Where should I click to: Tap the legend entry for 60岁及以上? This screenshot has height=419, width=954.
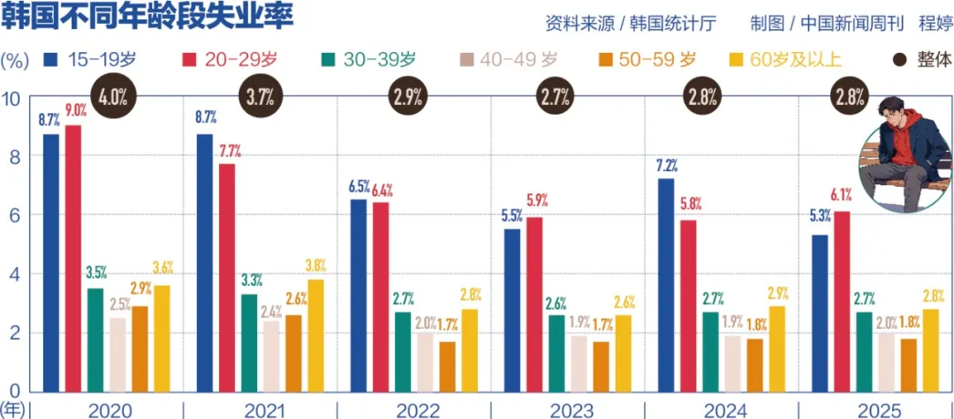(786, 60)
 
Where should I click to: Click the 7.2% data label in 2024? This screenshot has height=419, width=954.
(667, 164)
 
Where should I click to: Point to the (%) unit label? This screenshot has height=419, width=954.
(15, 60)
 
